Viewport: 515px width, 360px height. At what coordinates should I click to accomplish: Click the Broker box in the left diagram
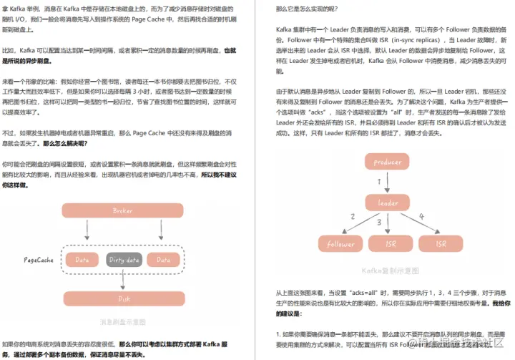tap(122, 210)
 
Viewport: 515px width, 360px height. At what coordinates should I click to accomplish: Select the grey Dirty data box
tap(124, 260)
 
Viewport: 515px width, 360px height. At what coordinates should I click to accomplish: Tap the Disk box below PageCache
tap(124, 298)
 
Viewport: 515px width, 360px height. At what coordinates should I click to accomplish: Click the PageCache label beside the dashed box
tap(39, 260)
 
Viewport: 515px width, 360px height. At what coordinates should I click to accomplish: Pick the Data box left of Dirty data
tap(82, 260)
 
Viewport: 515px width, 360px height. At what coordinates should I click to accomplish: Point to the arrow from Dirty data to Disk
tap(124, 280)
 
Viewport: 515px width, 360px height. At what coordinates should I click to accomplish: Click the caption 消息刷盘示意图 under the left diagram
tap(123, 322)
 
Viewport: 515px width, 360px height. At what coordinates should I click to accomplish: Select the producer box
tap(387, 162)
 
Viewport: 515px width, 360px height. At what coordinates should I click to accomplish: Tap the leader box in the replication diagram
tap(387, 203)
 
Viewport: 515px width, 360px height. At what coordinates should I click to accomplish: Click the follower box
tap(340, 243)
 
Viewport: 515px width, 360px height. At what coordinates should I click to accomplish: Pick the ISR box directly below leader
tap(391, 243)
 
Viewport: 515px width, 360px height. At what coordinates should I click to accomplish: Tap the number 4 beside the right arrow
tap(421, 216)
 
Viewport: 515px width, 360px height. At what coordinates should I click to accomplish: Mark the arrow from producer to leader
tap(387, 183)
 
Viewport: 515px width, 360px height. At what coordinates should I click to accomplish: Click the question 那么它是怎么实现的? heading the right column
tap(307, 9)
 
